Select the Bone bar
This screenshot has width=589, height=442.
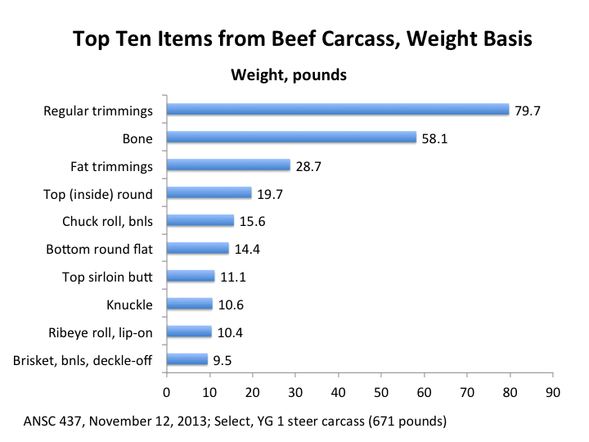pyautogui.click(x=291, y=138)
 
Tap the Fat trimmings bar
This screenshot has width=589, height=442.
pyautogui.click(x=228, y=165)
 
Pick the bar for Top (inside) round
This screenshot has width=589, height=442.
pyautogui.click(x=209, y=193)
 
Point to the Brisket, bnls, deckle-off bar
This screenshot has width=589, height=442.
pyautogui.click(x=187, y=359)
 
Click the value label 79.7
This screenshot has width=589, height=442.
pyautogui.click(x=527, y=110)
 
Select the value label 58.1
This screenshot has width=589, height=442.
pyautogui.click(x=434, y=138)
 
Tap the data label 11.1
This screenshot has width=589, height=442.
pyautogui.click(x=232, y=277)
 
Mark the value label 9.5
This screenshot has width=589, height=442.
pyautogui.click(x=223, y=360)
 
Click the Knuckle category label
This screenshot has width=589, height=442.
pyautogui.click(x=129, y=305)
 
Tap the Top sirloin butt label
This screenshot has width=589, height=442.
pyautogui.click(x=108, y=277)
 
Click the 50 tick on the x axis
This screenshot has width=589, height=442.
pyautogui.click(x=381, y=390)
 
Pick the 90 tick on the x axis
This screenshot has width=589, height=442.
pyautogui.click(x=553, y=390)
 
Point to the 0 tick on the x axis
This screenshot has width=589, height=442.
pyautogui.click(x=167, y=390)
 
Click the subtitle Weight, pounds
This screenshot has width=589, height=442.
pyautogui.click(x=289, y=75)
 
